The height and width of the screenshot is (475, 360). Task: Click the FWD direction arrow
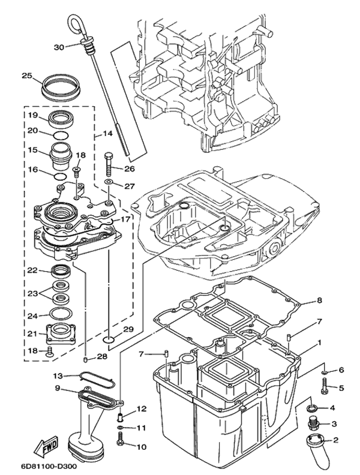pos(47,444)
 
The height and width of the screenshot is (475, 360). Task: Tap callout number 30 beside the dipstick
pos(59,47)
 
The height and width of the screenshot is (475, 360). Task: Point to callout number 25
pos(27,76)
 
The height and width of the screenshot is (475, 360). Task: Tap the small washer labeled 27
pos(109,182)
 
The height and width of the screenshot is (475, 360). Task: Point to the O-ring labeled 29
pos(108,339)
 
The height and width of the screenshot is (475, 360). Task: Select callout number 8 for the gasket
pos(319,300)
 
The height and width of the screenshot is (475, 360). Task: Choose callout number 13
pos(58,376)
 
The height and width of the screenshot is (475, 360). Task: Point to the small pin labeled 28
pos(85,359)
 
